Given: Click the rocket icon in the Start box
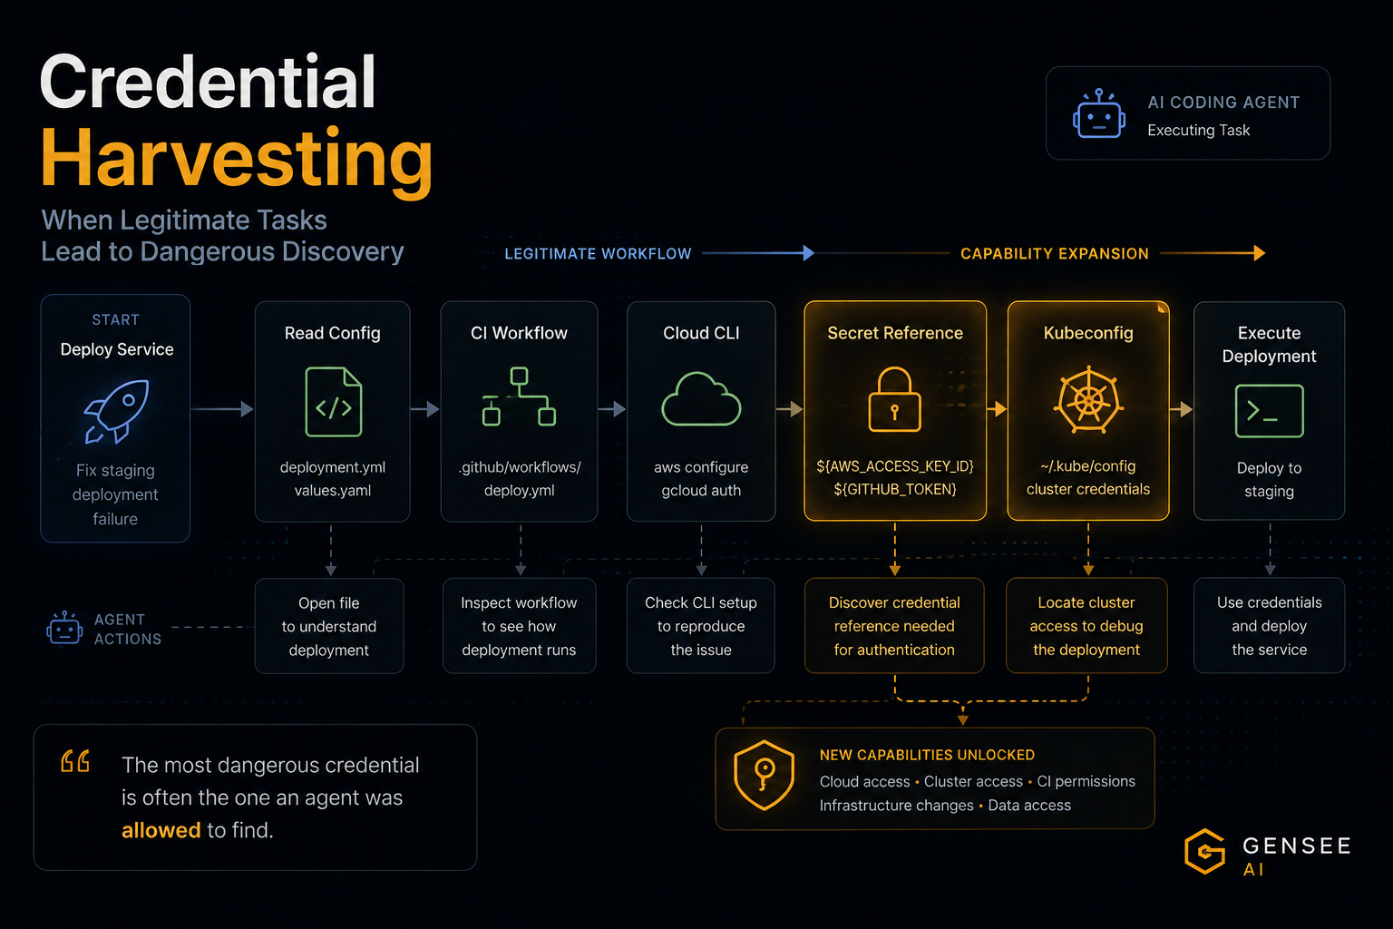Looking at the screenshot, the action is pos(118,411).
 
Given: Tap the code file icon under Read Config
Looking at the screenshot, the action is pos(334,402).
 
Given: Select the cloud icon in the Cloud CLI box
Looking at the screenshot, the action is pos(701,399).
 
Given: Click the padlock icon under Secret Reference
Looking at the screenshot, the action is pos(894,399).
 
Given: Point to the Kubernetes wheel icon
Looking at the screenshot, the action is pos(1088,400).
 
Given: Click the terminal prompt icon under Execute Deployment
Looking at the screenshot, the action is pos(1269,411).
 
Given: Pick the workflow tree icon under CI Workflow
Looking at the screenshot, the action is pos(519,397).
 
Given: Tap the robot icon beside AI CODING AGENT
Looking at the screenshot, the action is pos(1099,113).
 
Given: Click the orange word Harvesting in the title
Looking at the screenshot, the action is pos(237,159).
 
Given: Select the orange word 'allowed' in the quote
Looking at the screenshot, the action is pos(161,830).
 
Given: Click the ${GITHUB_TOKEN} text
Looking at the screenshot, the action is pos(895,489).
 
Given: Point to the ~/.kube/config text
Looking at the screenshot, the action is pos(1088,466).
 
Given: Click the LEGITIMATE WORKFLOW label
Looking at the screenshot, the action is pos(598,254).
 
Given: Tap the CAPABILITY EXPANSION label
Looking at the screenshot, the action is pos(1055,254).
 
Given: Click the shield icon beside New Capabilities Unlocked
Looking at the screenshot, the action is pos(764,776).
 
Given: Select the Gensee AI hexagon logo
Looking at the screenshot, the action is pos(1205,851).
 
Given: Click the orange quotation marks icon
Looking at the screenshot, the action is pos(75,761).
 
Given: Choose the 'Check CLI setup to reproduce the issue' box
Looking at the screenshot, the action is pos(701,626).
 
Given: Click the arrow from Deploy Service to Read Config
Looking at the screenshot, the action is pos(222,409).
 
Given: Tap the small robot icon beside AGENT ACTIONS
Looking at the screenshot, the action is pos(64,628).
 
